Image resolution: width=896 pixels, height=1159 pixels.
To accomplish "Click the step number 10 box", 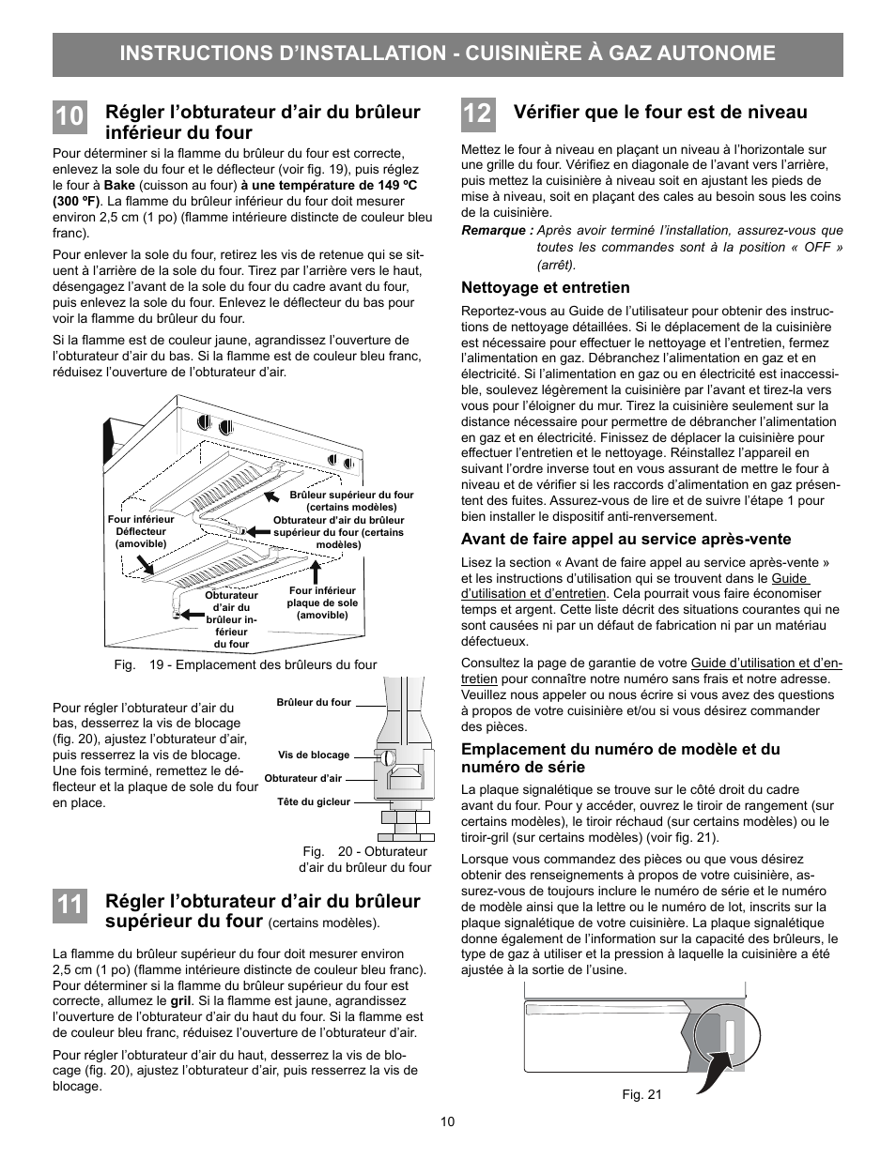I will click(x=69, y=117).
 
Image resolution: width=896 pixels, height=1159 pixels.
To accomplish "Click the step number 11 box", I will click(x=69, y=907).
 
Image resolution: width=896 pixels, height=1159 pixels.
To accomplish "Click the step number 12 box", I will click(x=476, y=114).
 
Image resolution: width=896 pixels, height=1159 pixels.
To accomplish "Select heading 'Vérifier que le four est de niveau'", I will click(x=660, y=113).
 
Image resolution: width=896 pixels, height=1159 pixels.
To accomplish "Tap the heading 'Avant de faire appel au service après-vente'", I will click(x=626, y=539).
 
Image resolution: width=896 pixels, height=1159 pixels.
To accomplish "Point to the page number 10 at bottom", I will click(x=448, y=1122).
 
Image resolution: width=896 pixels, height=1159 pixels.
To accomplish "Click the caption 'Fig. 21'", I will click(x=641, y=1094).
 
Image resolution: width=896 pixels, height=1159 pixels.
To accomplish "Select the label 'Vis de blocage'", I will click(x=314, y=755).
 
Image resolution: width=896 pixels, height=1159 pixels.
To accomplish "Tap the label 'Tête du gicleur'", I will click(x=314, y=801).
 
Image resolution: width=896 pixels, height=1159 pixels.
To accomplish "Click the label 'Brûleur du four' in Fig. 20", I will click(x=314, y=702).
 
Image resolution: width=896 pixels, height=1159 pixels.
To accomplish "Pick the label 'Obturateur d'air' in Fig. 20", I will click(x=303, y=778).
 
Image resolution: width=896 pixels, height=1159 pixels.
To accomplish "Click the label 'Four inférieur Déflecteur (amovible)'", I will click(x=141, y=531).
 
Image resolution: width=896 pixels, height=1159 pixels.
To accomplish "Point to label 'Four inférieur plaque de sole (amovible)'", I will click(x=322, y=602).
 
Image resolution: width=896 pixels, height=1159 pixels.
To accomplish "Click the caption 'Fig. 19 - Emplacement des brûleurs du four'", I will click(x=245, y=664).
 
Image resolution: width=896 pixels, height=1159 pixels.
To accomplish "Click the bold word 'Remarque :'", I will click(x=497, y=231).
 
